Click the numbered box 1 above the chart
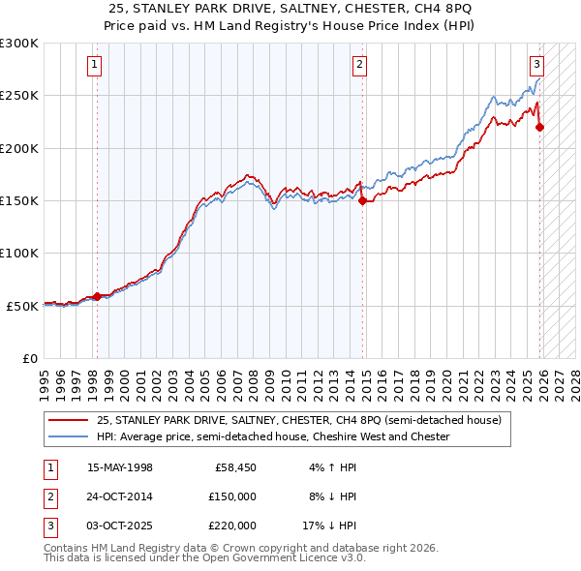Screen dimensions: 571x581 [x=95, y=65]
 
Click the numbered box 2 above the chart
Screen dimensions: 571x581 [x=359, y=65]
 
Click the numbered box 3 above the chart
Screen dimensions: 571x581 [x=535, y=65]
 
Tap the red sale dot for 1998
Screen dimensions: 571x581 [x=97, y=296]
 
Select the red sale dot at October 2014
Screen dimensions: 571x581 [x=362, y=201]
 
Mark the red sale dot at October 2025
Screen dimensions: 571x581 [x=539, y=127]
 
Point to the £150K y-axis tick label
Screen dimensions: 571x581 [x=19, y=200]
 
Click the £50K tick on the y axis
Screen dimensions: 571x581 [x=22, y=306]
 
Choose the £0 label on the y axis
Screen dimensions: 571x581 [x=29, y=358]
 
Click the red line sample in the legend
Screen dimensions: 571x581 [x=69, y=421]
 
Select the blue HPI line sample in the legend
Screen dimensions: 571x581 [x=69, y=437]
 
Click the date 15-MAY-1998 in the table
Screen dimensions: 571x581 [x=120, y=468]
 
